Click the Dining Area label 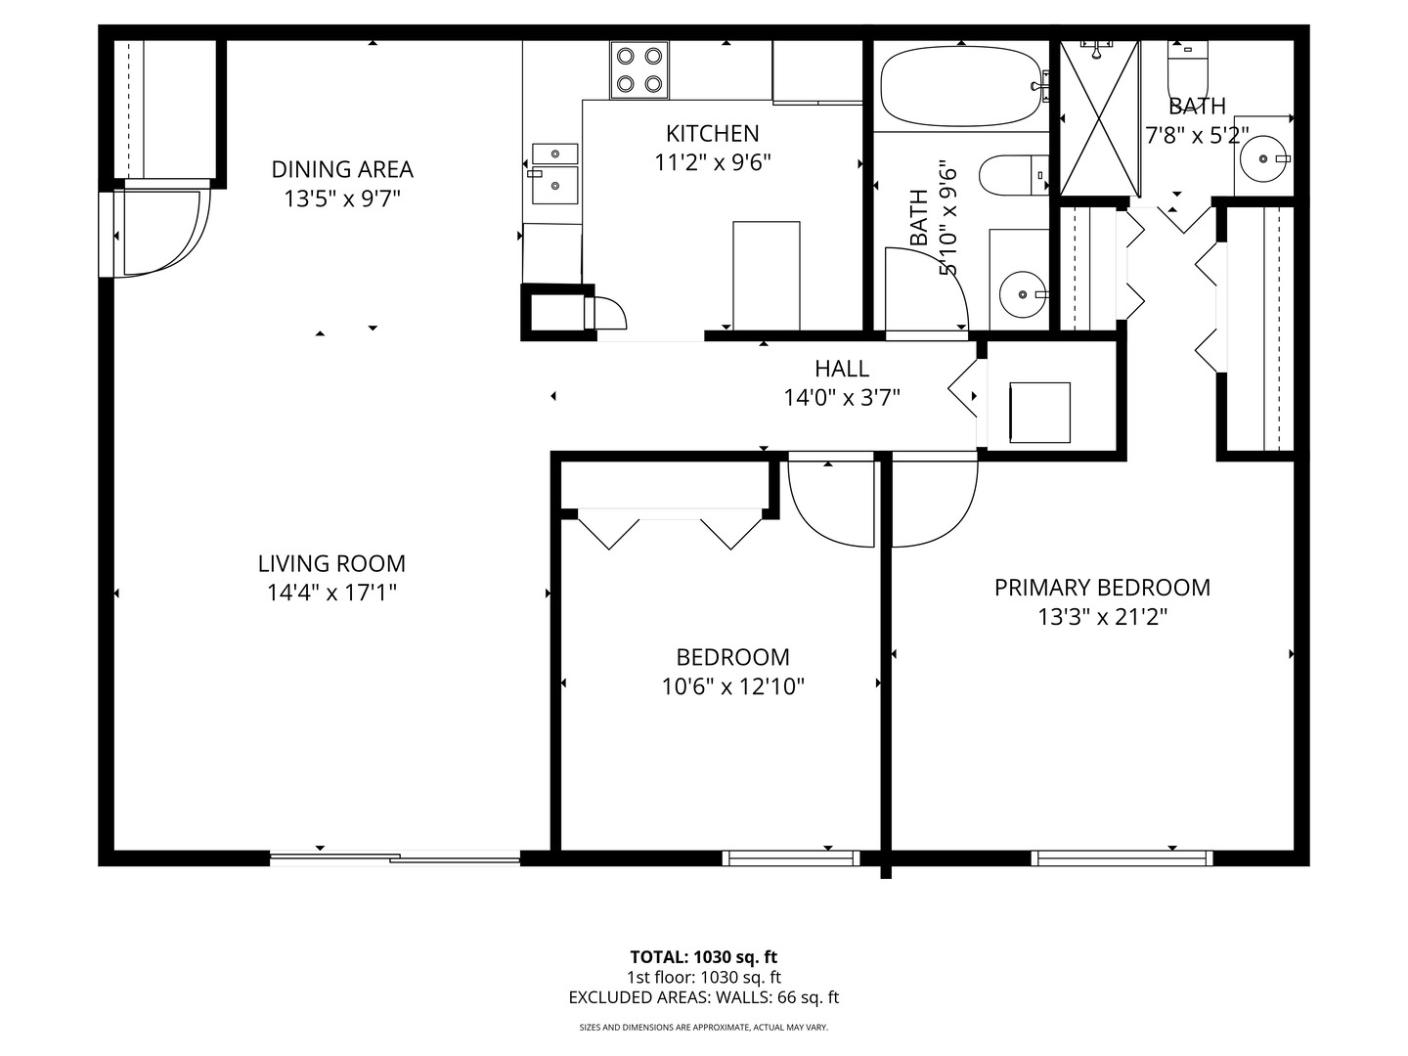coord(342,169)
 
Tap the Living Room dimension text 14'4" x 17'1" coord(331,593)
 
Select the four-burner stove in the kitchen coord(640,69)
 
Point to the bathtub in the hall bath coord(960,88)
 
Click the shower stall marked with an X coord(1100,118)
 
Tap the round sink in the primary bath coord(1263,157)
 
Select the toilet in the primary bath coord(1188,66)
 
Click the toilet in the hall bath coord(1013,175)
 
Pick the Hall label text coord(842,369)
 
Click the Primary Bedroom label coord(1102,588)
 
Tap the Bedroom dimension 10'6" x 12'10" coord(732,686)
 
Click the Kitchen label coord(713,133)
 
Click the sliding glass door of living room coord(395,858)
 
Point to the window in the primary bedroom coord(1122,858)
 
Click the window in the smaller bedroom coord(791,858)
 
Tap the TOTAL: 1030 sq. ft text coord(703,957)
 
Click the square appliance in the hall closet coord(1039,413)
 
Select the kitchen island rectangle coord(766,276)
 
